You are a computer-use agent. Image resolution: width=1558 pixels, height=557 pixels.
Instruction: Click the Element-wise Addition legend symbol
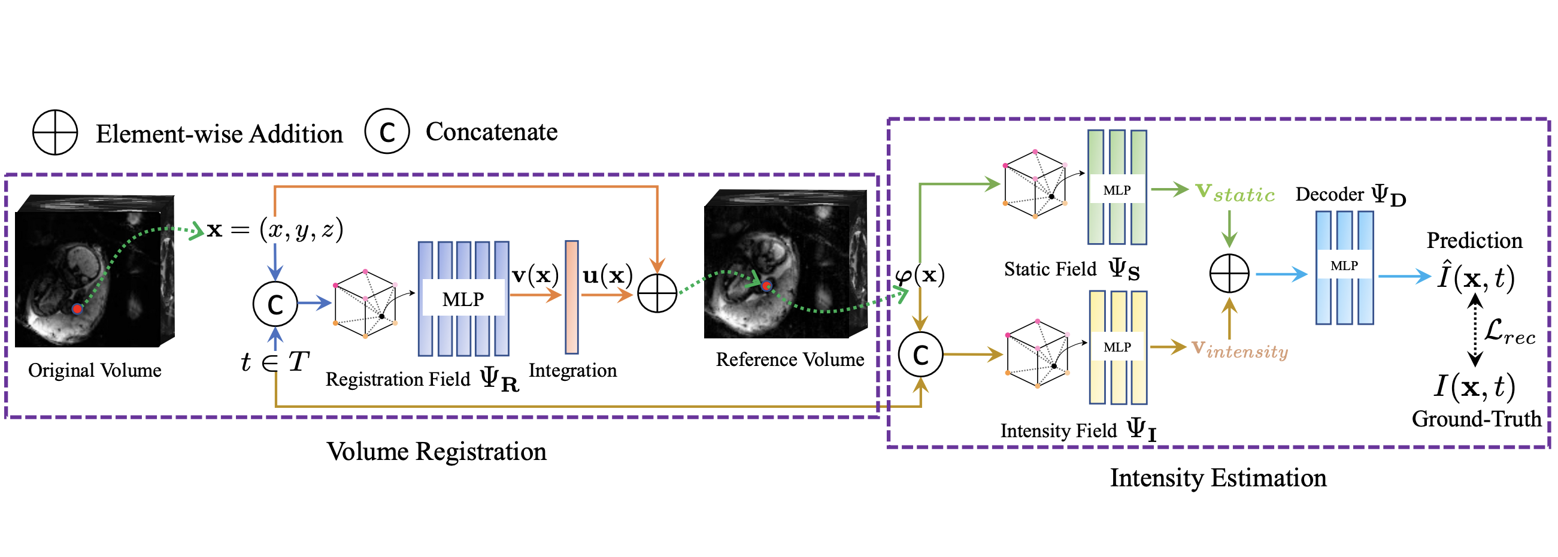pos(55,132)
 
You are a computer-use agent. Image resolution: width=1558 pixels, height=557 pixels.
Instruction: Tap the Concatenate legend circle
pos(387,131)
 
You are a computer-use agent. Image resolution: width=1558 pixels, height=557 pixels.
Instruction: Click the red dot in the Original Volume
pos(77,309)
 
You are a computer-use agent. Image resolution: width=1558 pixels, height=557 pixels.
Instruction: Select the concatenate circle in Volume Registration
pos(275,304)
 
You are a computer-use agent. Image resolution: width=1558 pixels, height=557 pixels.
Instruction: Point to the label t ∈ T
pos(275,362)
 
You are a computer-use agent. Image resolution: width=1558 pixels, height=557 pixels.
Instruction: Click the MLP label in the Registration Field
pos(463,299)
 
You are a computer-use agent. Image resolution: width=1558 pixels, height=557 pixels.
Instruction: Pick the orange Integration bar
pos(572,297)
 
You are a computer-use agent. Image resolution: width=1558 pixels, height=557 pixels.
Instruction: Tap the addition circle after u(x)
pos(657,293)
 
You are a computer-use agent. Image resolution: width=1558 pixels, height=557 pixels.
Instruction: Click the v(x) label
pos(535,275)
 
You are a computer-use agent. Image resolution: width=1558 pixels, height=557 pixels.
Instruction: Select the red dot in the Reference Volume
pos(767,286)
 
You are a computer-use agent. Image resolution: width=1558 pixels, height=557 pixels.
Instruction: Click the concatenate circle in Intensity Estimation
pos(920,355)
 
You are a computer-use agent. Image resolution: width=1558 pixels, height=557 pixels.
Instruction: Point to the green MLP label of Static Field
pos(1117,190)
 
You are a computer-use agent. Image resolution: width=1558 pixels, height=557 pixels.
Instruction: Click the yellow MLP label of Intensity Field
pos(1117,347)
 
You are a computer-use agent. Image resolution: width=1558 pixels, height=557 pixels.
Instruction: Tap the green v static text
pos(1235,193)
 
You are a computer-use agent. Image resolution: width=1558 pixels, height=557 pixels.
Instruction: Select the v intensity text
pos(1239,349)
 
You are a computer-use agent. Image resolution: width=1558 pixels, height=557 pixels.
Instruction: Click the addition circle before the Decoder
pos(1229,273)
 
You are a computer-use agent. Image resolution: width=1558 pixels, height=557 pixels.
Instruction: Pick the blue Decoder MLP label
pos(1344,265)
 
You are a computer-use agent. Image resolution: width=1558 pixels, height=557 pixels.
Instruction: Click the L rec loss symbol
pos(1509,332)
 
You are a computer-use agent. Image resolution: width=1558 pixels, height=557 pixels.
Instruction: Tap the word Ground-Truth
pos(1477,419)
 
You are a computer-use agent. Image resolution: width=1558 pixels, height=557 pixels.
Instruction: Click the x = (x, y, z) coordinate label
pos(275,230)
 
